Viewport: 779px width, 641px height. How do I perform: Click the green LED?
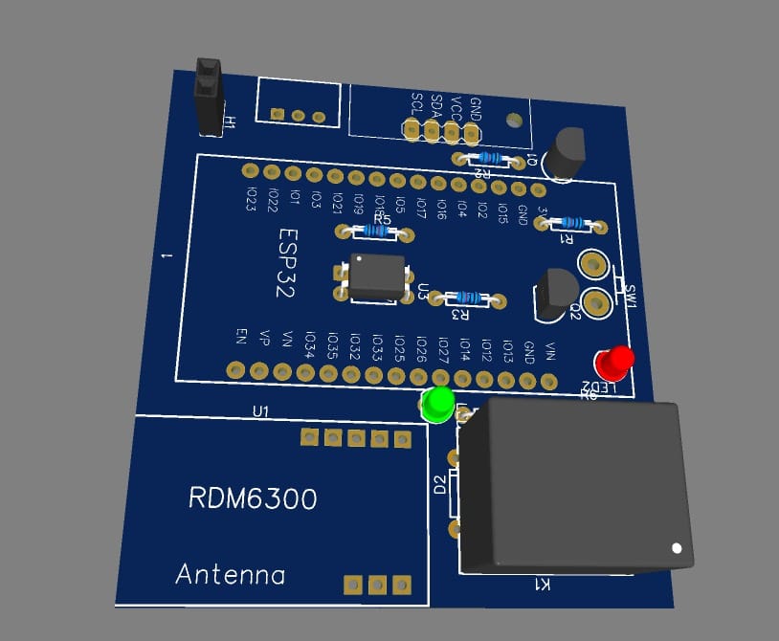click(x=438, y=404)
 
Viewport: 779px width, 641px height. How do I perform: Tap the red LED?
click(x=613, y=362)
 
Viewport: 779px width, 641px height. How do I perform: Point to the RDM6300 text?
click(x=253, y=498)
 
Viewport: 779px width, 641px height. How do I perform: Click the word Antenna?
click(x=231, y=575)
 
